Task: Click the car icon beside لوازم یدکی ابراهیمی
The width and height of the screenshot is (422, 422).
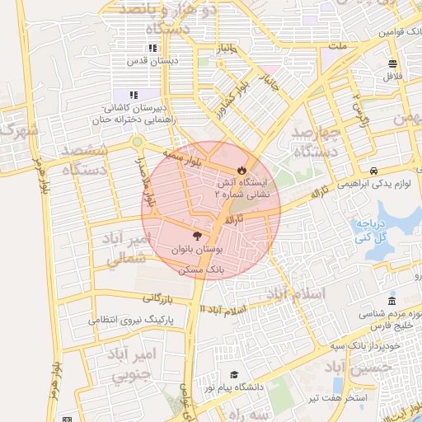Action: [374, 171]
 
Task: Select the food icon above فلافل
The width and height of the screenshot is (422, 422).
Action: [392, 63]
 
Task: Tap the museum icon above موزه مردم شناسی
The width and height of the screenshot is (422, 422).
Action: [392, 299]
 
